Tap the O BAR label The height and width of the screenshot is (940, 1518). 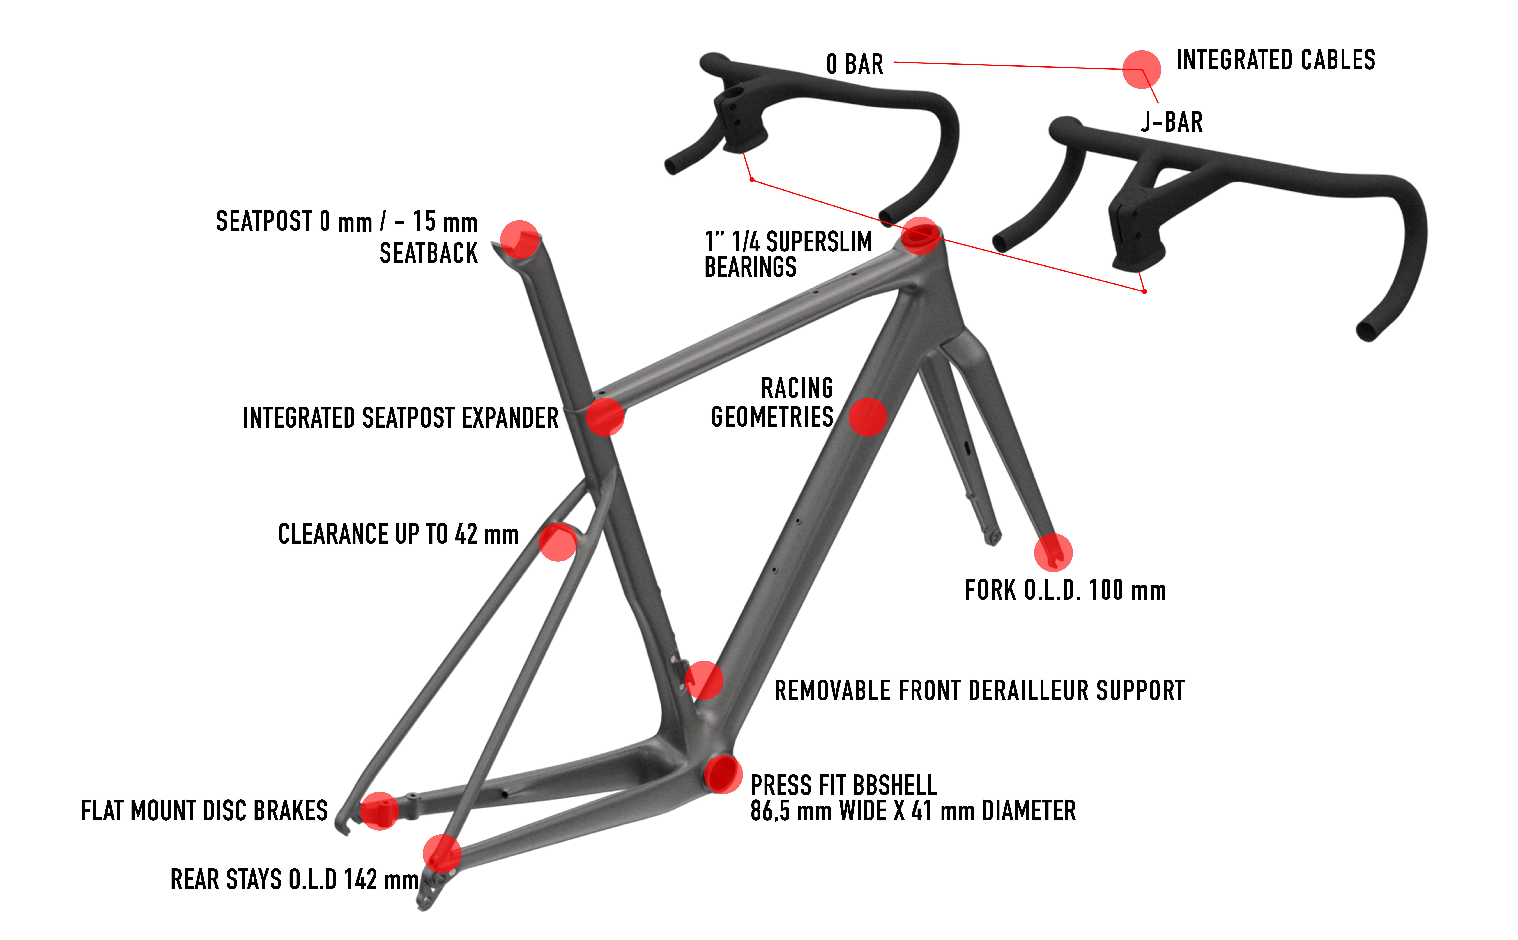point(855,64)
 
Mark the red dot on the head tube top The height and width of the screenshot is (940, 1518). point(920,236)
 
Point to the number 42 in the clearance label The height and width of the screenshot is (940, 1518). point(466,534)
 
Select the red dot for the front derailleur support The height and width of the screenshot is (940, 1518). point(704,680)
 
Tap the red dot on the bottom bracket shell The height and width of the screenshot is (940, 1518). point(723,774)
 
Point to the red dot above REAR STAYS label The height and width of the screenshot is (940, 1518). point(442,854)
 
